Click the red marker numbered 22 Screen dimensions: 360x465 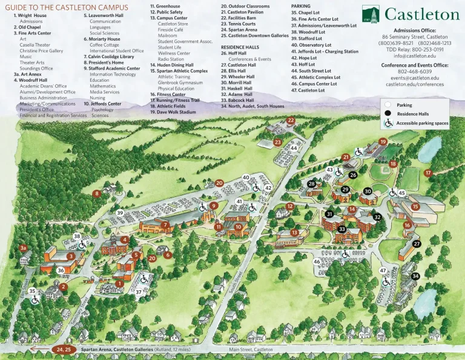(x=291, y=121)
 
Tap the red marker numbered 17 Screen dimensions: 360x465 (x=428, y=173)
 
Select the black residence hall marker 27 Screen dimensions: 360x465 (x=417, y=244)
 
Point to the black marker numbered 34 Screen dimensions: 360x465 (x=415, y=276)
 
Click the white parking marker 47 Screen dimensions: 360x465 (x=383, y=270)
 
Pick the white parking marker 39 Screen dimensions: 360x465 (x=120, y=213)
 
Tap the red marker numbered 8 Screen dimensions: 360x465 (x=97, y=194)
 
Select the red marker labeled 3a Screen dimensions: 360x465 (x=23, y=248)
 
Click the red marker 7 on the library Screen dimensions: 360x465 (x=165, y=225)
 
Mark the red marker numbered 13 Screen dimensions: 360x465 (x=294, y=232)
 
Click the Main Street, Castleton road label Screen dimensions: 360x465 (x=251, y=350)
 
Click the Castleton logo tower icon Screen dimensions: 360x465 (x=371, y=14)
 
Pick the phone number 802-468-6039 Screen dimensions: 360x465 (x=415, y=72)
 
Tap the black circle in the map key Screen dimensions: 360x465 (x=387, y=113)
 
